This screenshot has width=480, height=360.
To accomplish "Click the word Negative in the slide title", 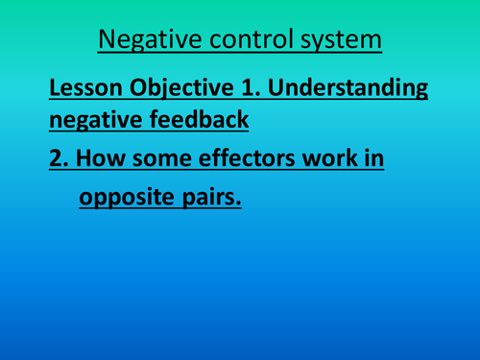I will (x=143, y=42).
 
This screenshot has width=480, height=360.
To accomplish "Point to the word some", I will (x=158, y=159).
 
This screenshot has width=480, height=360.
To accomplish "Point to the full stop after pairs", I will (x=237, y=204).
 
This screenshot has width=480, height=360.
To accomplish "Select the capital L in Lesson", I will (x=55, y=89).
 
